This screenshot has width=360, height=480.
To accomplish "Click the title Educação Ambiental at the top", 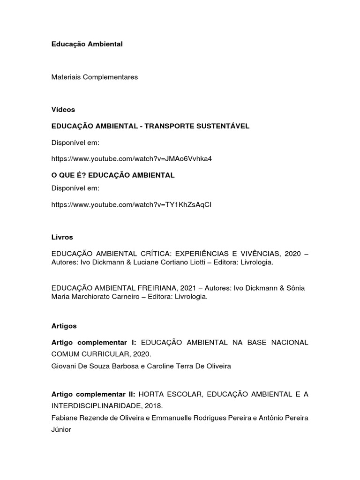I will pos(87,44).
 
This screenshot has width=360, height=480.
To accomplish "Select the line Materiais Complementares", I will pos(95,77).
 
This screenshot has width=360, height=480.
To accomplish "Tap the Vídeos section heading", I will pos(63,109).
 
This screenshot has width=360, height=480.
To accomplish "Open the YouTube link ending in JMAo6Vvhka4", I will pos(132,158).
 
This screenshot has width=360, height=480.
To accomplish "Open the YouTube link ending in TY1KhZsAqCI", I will pos(132,205).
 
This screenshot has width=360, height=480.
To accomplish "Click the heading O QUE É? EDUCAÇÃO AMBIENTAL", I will pos(113,175).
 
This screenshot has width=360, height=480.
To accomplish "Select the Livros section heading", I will pos(62,237).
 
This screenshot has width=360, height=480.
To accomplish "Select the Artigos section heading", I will pos(64,325).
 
